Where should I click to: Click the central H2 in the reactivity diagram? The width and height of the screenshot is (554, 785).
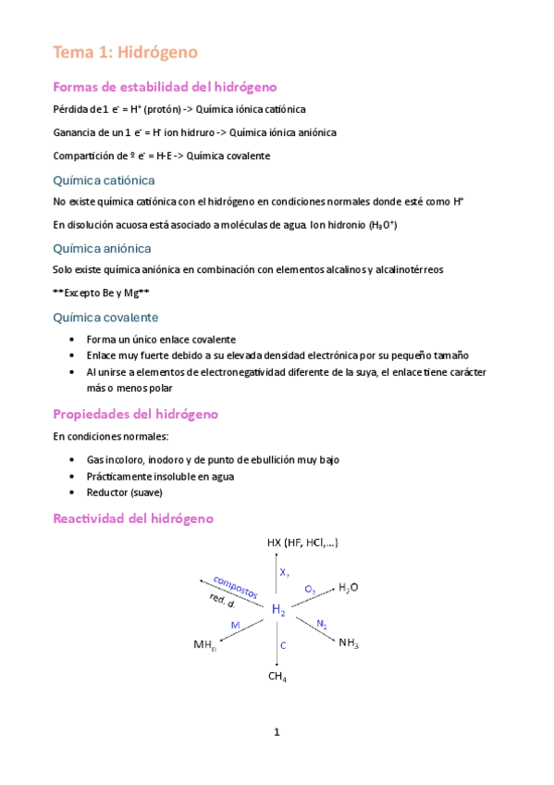[x=278, y=610]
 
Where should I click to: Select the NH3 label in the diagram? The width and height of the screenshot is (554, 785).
[x=349, y=642]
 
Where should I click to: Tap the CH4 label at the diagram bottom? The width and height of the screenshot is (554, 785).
[x=277, y=678]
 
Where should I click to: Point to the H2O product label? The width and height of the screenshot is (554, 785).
[x=350, y=587]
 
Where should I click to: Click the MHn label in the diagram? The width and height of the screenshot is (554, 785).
[x=204, y=643]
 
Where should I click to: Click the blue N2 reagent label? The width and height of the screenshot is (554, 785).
[x=321, y=624]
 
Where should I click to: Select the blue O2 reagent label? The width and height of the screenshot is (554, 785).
[x=310, y=590]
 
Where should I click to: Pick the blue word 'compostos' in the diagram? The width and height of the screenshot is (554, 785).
[x=235, y=585]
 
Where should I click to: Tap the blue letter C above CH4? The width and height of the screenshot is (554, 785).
[x=283, y=644]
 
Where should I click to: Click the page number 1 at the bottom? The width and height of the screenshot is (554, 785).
[x=276, y=733]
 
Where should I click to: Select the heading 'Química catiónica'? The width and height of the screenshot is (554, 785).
[x=104, y=180]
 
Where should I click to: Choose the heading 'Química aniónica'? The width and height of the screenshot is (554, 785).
[x=103, y=248]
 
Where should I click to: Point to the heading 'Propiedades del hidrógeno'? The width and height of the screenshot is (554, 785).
[x=135, y=413]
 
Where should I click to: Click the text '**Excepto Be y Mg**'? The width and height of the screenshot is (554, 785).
[x=102, y=293]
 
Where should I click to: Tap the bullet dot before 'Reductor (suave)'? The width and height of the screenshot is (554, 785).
[x=73, y=493]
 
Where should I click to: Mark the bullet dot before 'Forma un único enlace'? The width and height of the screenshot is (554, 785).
[x=73, y=340]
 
